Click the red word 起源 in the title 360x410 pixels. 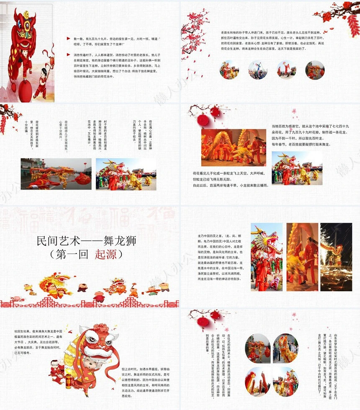tap(106, 254)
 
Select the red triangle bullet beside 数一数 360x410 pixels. tap(68, 38)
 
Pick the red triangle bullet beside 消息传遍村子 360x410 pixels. tap(68, 54)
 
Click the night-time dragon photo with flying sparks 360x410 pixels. tap(336, 257)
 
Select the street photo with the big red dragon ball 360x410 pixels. tap(56, 174)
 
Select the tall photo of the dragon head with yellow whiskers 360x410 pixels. tap(266, 257)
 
